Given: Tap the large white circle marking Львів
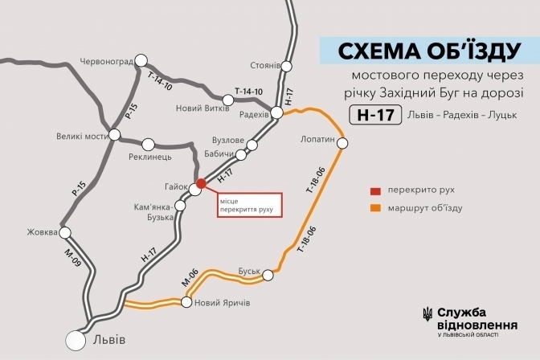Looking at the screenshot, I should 77,341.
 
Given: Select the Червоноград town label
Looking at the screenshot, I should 106,60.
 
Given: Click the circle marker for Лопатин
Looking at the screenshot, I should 343,144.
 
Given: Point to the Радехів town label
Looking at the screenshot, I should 254,113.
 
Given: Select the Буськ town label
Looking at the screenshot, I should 252,272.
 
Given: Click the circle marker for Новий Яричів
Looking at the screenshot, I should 186,303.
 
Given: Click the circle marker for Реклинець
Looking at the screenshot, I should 149,145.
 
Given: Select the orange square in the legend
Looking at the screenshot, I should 374,208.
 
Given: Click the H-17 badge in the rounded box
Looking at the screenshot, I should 375,115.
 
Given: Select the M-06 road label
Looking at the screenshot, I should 189,280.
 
